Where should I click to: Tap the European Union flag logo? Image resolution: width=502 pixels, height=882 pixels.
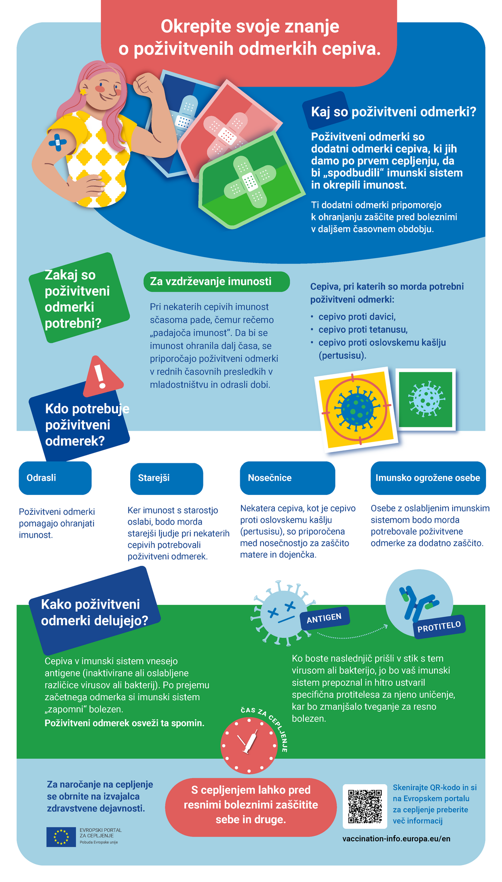point(61,837)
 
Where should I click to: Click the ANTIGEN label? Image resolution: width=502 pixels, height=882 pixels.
point(324,618)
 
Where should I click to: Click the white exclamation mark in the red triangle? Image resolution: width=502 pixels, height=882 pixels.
point(101,376)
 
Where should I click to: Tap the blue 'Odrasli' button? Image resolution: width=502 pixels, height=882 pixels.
point(55,478)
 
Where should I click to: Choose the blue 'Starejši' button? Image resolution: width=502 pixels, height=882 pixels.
point(167,478)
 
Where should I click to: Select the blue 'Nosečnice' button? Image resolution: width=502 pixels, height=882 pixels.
point(287,478)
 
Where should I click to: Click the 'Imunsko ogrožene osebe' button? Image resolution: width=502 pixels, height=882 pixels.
point(428,478)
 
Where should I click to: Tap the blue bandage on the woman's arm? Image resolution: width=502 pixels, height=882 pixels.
point(58,142)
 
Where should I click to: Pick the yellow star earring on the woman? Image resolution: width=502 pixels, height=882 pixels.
point(83,92)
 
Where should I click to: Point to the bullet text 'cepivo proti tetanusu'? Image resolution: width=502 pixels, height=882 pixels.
point(363,330)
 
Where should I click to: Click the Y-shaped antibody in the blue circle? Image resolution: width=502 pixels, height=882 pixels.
point(416,603)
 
